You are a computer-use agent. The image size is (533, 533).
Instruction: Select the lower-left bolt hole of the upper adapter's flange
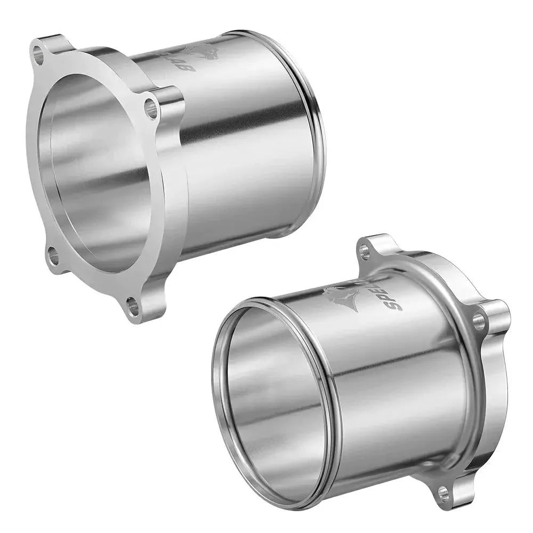coord(54,256)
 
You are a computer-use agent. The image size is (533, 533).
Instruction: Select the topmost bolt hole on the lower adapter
coord(365,252)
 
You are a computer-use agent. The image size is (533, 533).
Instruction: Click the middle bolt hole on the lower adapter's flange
coord(479,321)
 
